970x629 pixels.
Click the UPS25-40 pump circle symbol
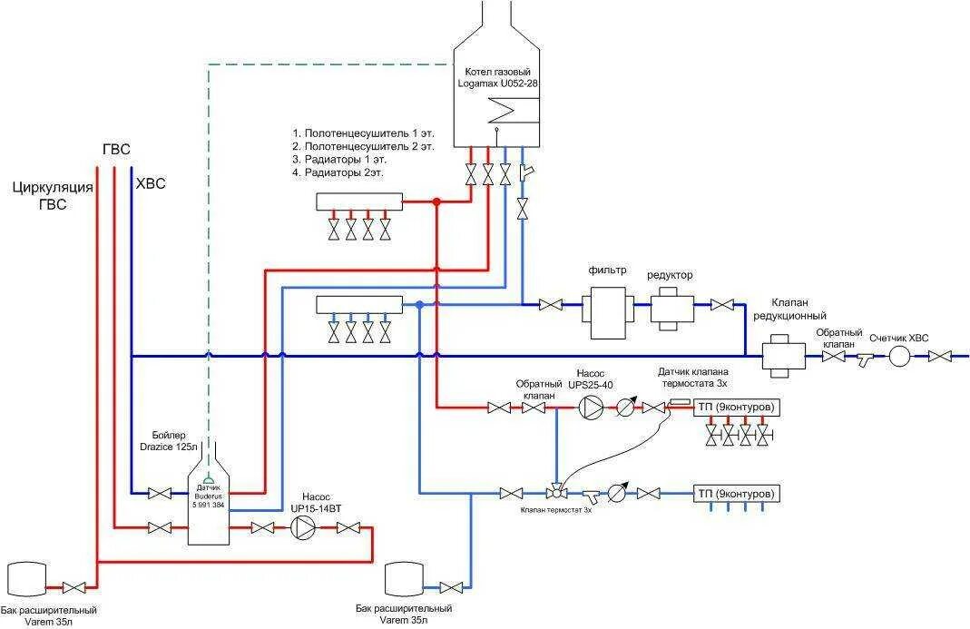point(591,408)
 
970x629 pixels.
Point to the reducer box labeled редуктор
point(671,307)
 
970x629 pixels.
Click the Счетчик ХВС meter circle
point(898,357)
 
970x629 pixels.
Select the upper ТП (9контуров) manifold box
point(737,408)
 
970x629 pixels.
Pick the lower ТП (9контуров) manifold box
point(737,494)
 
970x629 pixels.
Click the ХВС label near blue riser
point(150,184)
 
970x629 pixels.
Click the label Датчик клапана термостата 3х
point(693,377)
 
